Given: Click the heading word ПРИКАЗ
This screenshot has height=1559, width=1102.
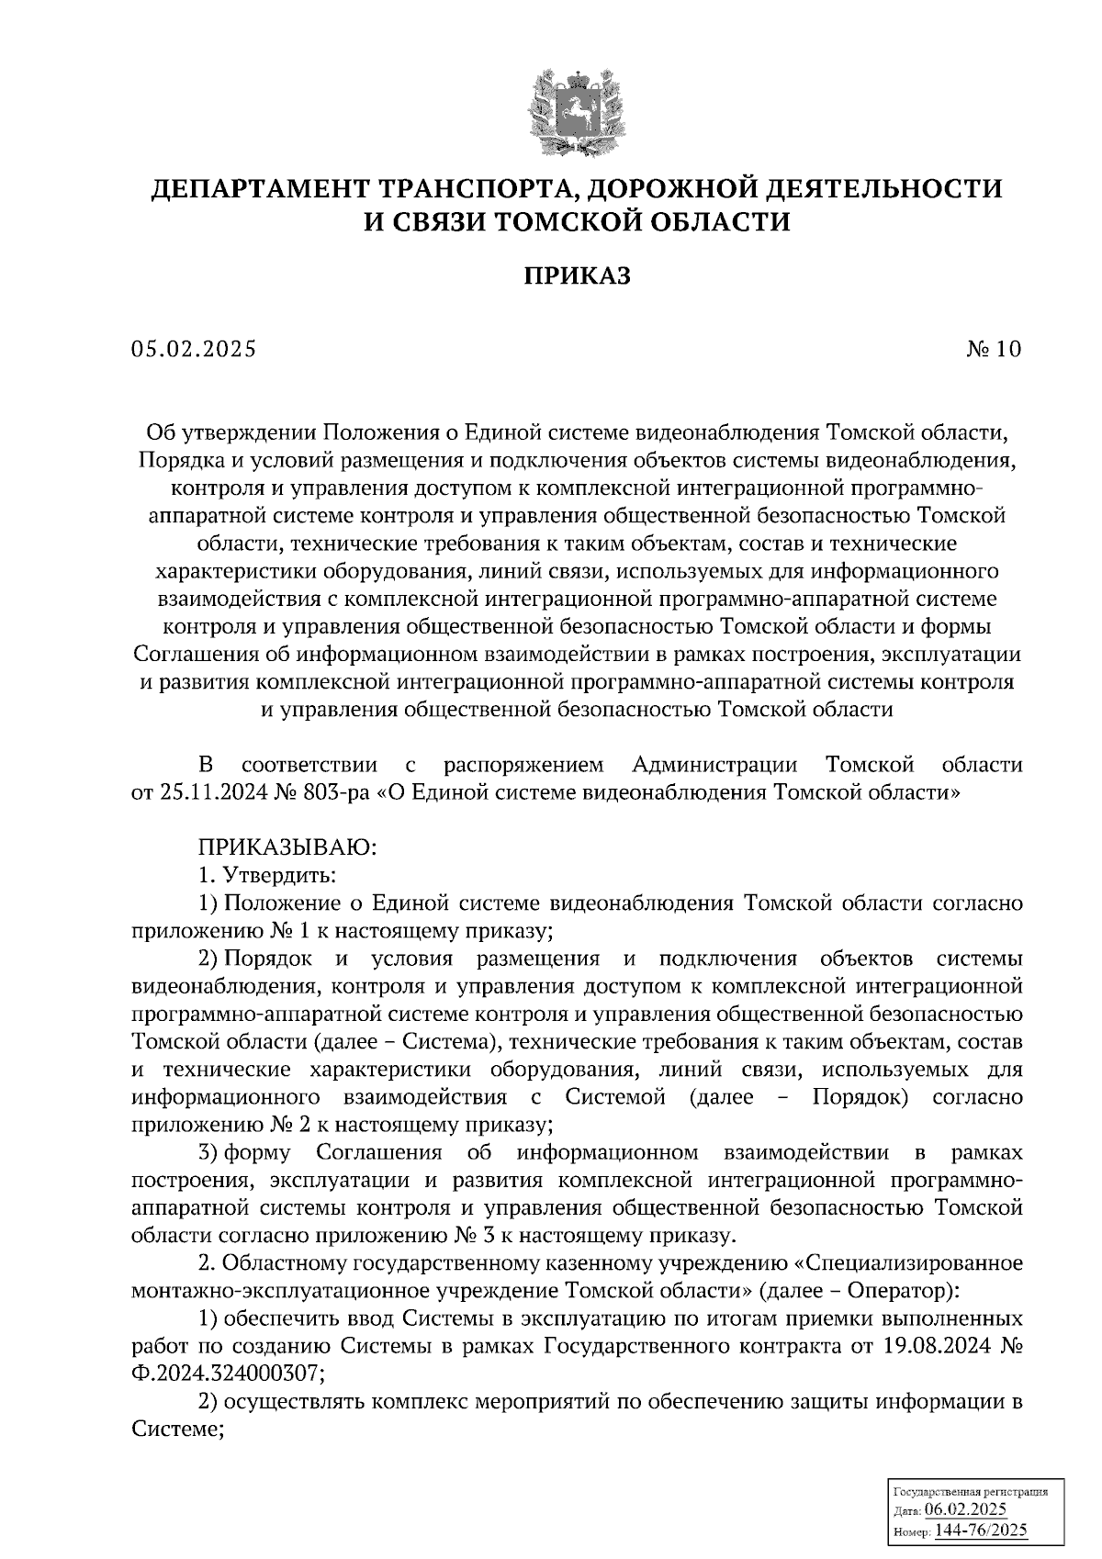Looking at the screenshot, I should point(577,275).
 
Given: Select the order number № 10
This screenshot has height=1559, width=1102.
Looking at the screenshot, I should point(993,349).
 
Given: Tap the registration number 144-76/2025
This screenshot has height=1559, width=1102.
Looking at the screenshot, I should point(982,1531).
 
